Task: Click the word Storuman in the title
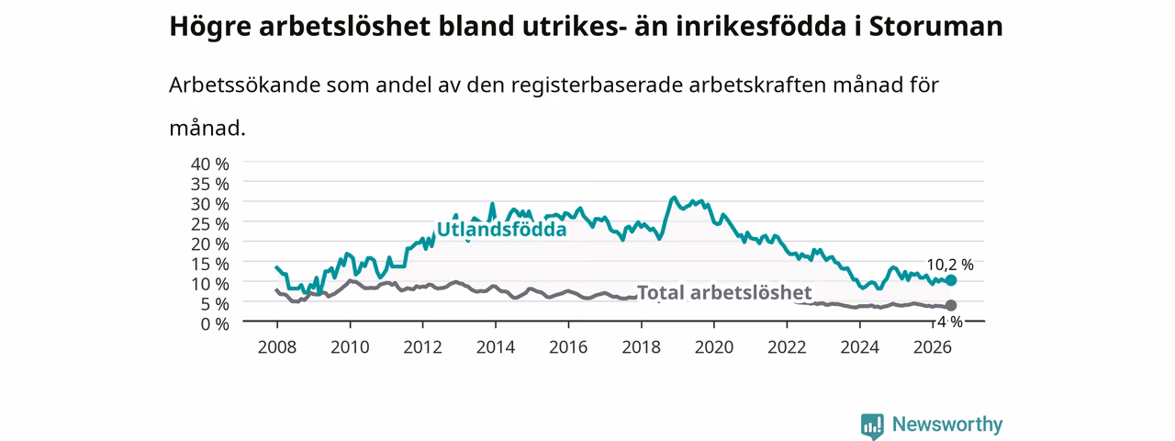click(935, 26)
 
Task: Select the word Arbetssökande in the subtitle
click(244, 85)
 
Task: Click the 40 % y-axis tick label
click(210, 164)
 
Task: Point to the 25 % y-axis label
click(210, 224)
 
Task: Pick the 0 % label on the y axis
click(215, 324)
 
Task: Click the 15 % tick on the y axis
click(210, 264)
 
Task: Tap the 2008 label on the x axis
click(277, 347)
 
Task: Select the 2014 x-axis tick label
click(495, 347)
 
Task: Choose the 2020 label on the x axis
click(714, 347)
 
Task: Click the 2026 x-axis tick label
click(932, 347)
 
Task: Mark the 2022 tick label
click(787, 347)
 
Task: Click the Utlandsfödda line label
click(501, 230)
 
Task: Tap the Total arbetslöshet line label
click(724, 292)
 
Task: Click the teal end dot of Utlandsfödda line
click(950, 280)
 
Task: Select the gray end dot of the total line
click(950, 306)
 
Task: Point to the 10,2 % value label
click(950, 265)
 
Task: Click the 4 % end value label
click(950, 322)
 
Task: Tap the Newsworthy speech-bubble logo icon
click(872, 425)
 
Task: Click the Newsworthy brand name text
click(947, 424)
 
